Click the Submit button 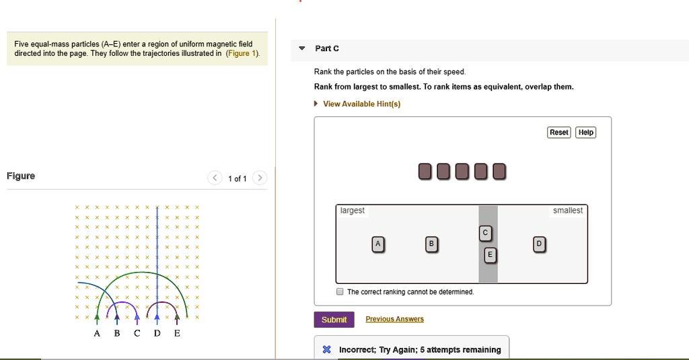[x=334, y=320]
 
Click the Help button [x=586, y=133]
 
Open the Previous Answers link [x=394, y=319]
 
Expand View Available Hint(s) [x=361, y=104]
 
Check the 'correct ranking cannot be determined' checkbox [x=340, y=292]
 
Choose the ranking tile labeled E [x=490, y=255]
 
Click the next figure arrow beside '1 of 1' [x=260, y=178]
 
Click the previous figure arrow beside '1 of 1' [x=215, y=178]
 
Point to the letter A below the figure [x=97, y=334]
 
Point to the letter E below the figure [x=177, y=334]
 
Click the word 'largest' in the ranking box [x=353, y=211]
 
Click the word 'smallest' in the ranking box [x=567, y=211]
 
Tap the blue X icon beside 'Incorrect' [x=326, y=350]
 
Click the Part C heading [x=327, y=48]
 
